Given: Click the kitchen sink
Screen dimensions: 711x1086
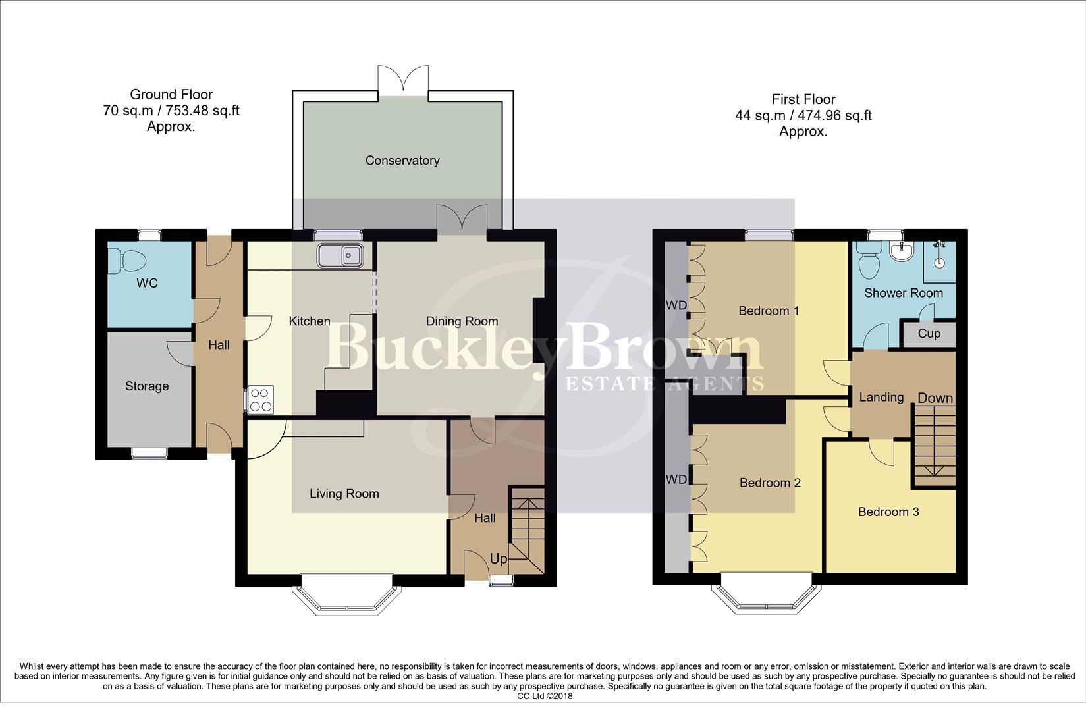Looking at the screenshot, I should (x=340, y=255).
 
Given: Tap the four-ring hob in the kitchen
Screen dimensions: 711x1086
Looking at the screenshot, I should (x=261, y=399).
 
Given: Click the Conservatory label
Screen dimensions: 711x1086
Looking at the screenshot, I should (x=402, y=161).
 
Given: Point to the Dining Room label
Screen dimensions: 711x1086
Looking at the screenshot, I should (x=462, y=321).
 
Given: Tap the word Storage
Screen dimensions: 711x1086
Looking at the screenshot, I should (x=147, y=386).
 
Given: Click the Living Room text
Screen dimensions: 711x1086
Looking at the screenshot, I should (x=344, y=494).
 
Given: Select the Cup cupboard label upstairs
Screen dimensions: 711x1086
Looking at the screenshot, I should (x=929, y=334).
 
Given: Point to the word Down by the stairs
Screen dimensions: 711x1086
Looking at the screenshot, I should (x=935, y=398).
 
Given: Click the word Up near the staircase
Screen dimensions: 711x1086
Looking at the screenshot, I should (x=499, y=559).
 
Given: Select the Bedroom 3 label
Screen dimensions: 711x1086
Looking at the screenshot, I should (x=888, y=512).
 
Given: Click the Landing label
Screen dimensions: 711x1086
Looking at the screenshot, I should (x=881, y=398).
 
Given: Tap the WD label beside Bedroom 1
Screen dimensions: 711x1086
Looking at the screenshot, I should (x=676, y=306).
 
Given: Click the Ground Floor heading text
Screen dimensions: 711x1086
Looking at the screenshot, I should (x=171, y=95).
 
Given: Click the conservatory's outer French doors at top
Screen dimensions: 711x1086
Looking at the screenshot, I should (x=403, y=83).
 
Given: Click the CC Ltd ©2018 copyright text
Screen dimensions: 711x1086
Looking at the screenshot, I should (x=545, y=696).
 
